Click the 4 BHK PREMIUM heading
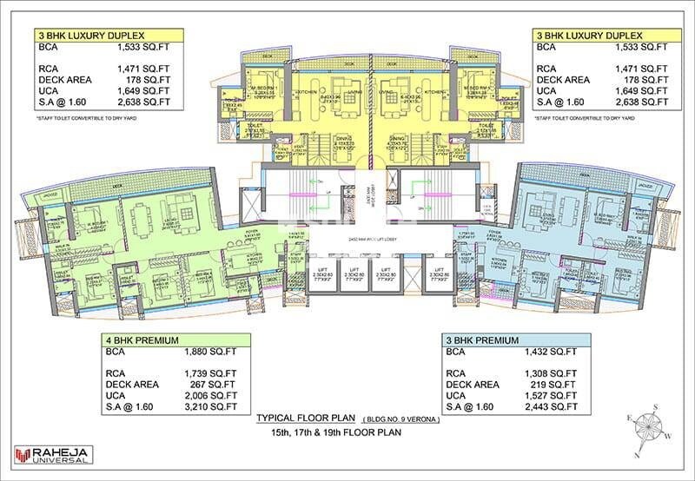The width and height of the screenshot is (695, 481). (x=142, y=341)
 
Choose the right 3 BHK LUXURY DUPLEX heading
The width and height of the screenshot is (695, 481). (x=588, y=36)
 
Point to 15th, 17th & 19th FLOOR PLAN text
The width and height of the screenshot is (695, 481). (x=347, y=432)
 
